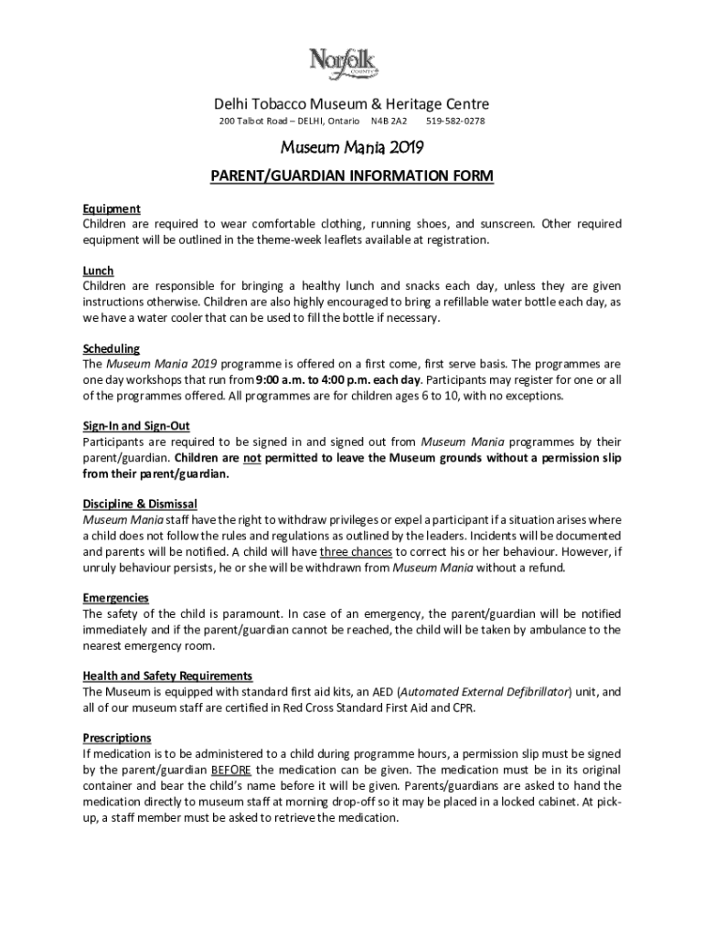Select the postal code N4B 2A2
(389, 121)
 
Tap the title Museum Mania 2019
(351, 147)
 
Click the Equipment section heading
(111, 208)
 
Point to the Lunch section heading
(98, 271)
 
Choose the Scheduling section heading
(111, 348)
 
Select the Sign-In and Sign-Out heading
(135, 426)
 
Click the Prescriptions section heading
(117, 738)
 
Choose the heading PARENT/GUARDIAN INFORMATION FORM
(351, 175)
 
